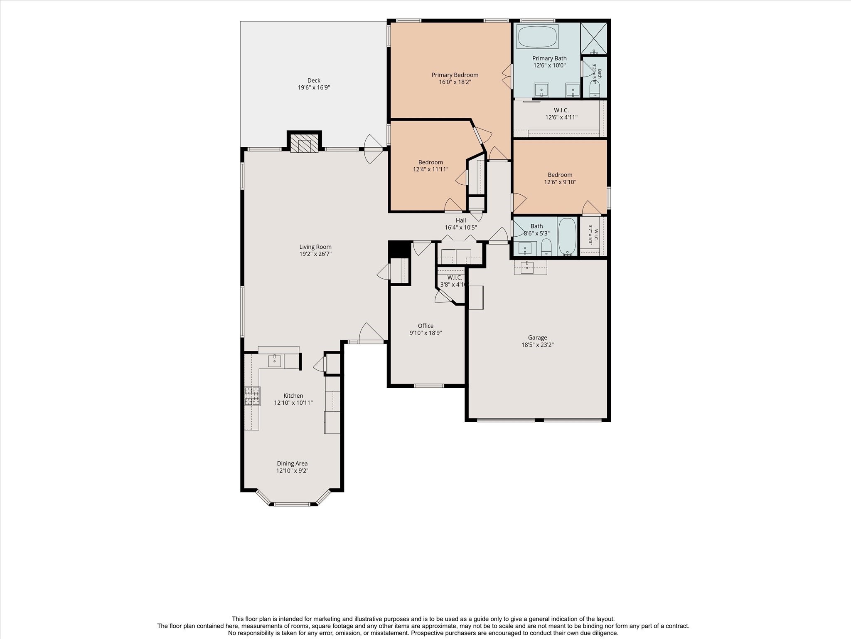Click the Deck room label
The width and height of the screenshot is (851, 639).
coord(314,80)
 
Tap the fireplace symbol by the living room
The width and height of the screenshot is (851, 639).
coord(304,143)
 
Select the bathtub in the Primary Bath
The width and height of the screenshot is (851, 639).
coord(538,37)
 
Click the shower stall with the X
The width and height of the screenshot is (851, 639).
coord(594,38)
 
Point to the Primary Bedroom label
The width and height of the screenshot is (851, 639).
coord(455,75)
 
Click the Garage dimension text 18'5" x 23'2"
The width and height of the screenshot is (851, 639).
coord(538,344)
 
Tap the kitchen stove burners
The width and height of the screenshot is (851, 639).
coord(252,396)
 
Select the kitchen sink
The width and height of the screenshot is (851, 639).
coord(274,361)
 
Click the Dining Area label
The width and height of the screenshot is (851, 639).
coord(292,463)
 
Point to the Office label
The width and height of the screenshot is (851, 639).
coord(425,326)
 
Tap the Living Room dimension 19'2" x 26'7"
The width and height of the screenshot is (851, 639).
coord(315,254)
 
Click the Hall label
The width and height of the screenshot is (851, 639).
coord(461,220)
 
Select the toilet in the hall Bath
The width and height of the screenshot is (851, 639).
coord(546,247)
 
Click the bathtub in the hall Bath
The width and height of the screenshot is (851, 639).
coord(567,236)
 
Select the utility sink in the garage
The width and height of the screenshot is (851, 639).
coord(527,267)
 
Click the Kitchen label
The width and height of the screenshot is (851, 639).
coord(293,396)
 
